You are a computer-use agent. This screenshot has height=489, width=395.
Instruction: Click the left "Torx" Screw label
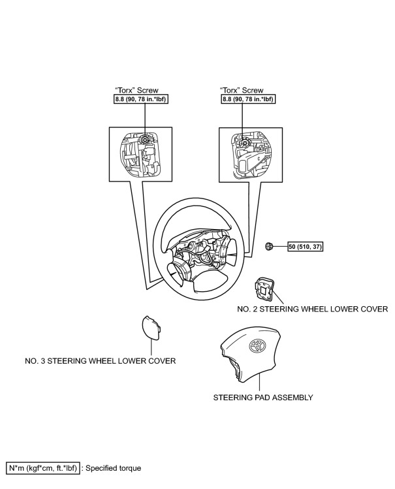pos(137,90)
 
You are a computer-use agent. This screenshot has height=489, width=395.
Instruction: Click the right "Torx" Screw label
pos(242,90)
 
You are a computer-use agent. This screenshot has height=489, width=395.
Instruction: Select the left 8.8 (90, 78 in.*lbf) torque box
pos(141,99)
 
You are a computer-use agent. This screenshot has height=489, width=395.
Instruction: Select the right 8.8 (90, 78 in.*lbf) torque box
pos(249,99)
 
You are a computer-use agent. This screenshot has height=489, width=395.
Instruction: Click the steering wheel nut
pos(269,246)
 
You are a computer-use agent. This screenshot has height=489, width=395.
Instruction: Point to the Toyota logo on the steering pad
pos(257,346)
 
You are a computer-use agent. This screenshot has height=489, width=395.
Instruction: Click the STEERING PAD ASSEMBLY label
pos(263,398)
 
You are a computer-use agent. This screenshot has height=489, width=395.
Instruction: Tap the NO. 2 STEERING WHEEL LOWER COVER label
pos(312,309)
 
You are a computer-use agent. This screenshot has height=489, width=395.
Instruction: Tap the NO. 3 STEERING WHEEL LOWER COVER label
pos(101,361)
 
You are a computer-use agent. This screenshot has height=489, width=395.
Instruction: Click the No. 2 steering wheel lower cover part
pos(264,289)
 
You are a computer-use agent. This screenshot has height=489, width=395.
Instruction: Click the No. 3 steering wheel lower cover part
pos(151,328)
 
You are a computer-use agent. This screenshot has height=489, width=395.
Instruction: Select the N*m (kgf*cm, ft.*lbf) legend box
pos(43,468)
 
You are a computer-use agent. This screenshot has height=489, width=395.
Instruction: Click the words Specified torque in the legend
pos(114,468)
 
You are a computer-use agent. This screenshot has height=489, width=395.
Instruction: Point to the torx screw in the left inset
pos(144,140)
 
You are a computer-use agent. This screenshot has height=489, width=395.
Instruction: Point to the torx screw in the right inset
pos(245,142)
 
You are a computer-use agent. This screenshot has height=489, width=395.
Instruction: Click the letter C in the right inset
pos(259,159)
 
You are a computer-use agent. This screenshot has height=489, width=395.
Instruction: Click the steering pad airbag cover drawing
pos(250,356)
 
